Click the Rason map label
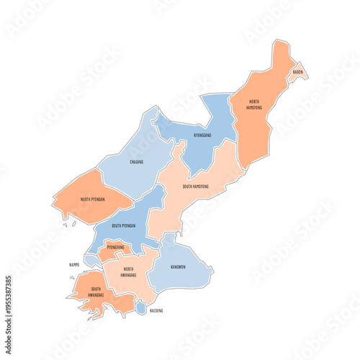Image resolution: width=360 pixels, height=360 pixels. [x=297, y=72]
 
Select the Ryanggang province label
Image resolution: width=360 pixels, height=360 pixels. [x=202, y=135]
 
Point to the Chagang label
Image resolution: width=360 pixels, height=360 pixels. [x=136, y=162]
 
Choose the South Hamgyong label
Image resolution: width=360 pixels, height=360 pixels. [x=196, y=186]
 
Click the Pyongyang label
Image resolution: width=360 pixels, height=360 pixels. [x=115, y=247]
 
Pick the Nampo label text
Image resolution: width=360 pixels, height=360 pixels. [x=74, y=264]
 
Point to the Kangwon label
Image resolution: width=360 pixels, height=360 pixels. [x=178, y=266]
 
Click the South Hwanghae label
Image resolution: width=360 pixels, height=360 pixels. [x=96, y=292]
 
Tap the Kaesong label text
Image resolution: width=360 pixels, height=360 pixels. [x=156, y=310]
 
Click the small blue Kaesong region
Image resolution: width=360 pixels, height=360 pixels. [x=141, y=307]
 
